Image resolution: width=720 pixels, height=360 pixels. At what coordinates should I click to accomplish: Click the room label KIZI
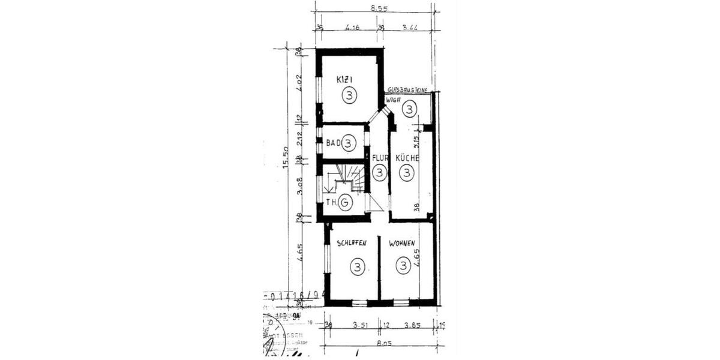tap(344, 79)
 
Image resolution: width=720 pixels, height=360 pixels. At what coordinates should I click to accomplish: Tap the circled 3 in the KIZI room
tap(349, 95)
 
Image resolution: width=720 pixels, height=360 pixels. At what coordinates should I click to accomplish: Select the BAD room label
tap(333, 143)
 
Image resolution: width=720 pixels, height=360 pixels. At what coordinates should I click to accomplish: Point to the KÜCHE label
tap(406, 158)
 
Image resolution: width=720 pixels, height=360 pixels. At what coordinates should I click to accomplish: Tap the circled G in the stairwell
tap(345, 203)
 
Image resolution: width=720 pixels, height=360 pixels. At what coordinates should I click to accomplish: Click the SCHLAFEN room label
tap(352, 244)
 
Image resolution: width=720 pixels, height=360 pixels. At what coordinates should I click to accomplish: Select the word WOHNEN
tap(402, 244)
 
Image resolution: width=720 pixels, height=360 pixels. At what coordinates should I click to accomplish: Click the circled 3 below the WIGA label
tap(409, 109)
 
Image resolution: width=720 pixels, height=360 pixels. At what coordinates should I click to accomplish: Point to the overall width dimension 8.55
tap(378, 8)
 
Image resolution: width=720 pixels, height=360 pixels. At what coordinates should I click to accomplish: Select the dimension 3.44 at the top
tap(410, 28)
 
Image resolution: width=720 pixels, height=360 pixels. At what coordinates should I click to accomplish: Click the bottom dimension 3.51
tap(352, 326)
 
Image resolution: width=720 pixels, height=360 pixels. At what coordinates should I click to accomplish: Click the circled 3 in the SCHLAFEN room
tap(358, 266)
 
